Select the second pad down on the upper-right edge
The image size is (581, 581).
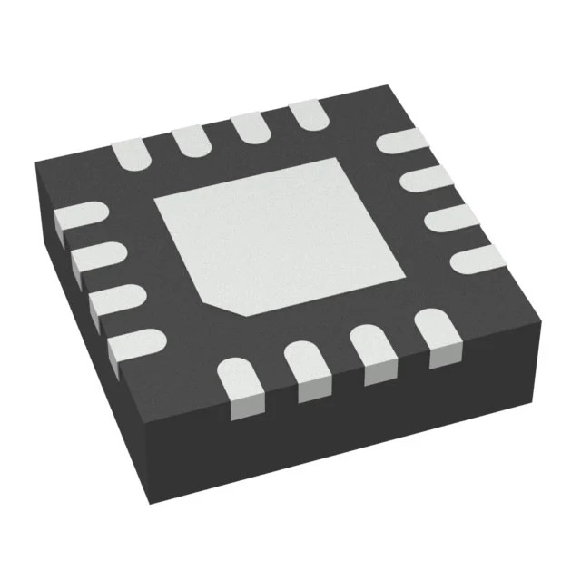tap(425, 179)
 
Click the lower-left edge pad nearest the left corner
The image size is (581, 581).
tap(80, 217)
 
